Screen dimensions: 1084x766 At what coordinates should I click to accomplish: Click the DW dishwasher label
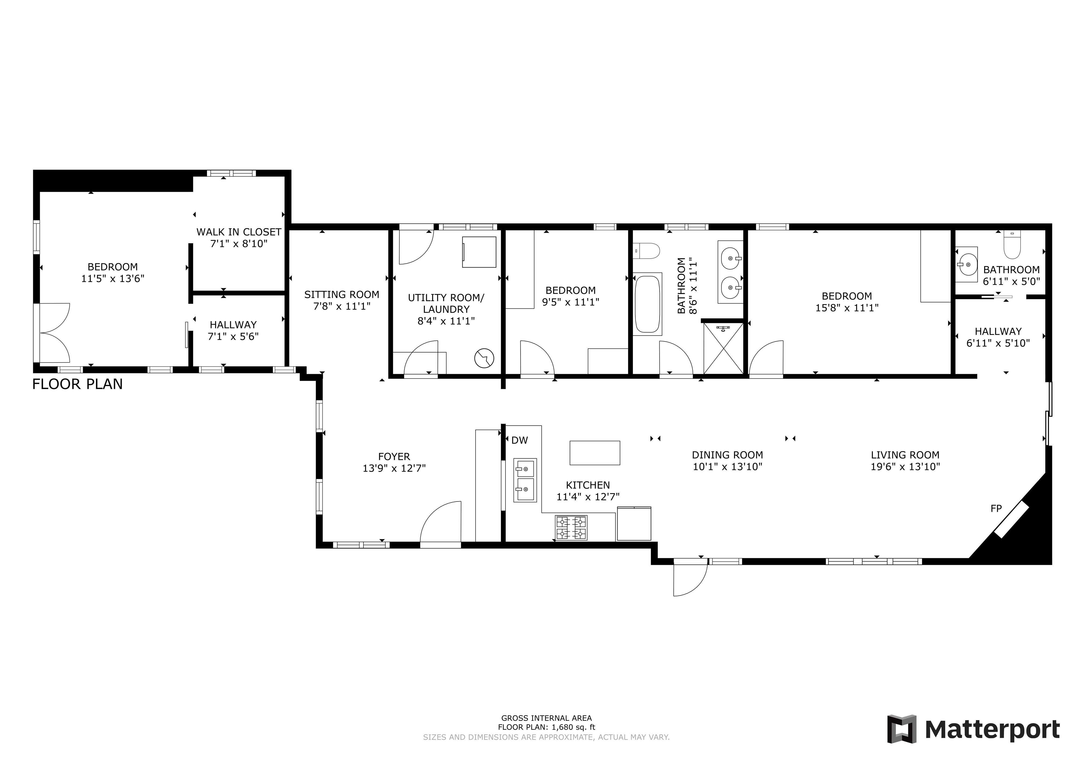pos(519,440)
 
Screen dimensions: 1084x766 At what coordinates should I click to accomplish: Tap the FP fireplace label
pos(996,508)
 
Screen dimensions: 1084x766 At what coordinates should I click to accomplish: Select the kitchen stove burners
pos(571,528)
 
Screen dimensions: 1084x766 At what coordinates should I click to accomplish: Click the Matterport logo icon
pos(902,729)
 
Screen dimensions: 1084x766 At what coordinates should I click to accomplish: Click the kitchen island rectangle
pos(595,453)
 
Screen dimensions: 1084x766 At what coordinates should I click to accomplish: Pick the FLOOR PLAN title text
pos(77,384)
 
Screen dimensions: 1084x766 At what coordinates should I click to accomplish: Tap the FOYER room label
pos(394,456)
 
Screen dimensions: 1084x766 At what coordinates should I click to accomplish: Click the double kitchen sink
pos(525,480)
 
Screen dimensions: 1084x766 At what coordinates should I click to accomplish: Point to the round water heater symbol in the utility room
pos(484,358)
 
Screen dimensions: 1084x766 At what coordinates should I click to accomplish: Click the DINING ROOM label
pos(728,455)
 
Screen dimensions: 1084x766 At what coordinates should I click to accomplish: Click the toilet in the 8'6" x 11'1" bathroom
pos(646,250)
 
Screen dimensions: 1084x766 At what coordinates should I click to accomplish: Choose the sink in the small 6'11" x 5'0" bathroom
pos(967,264)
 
